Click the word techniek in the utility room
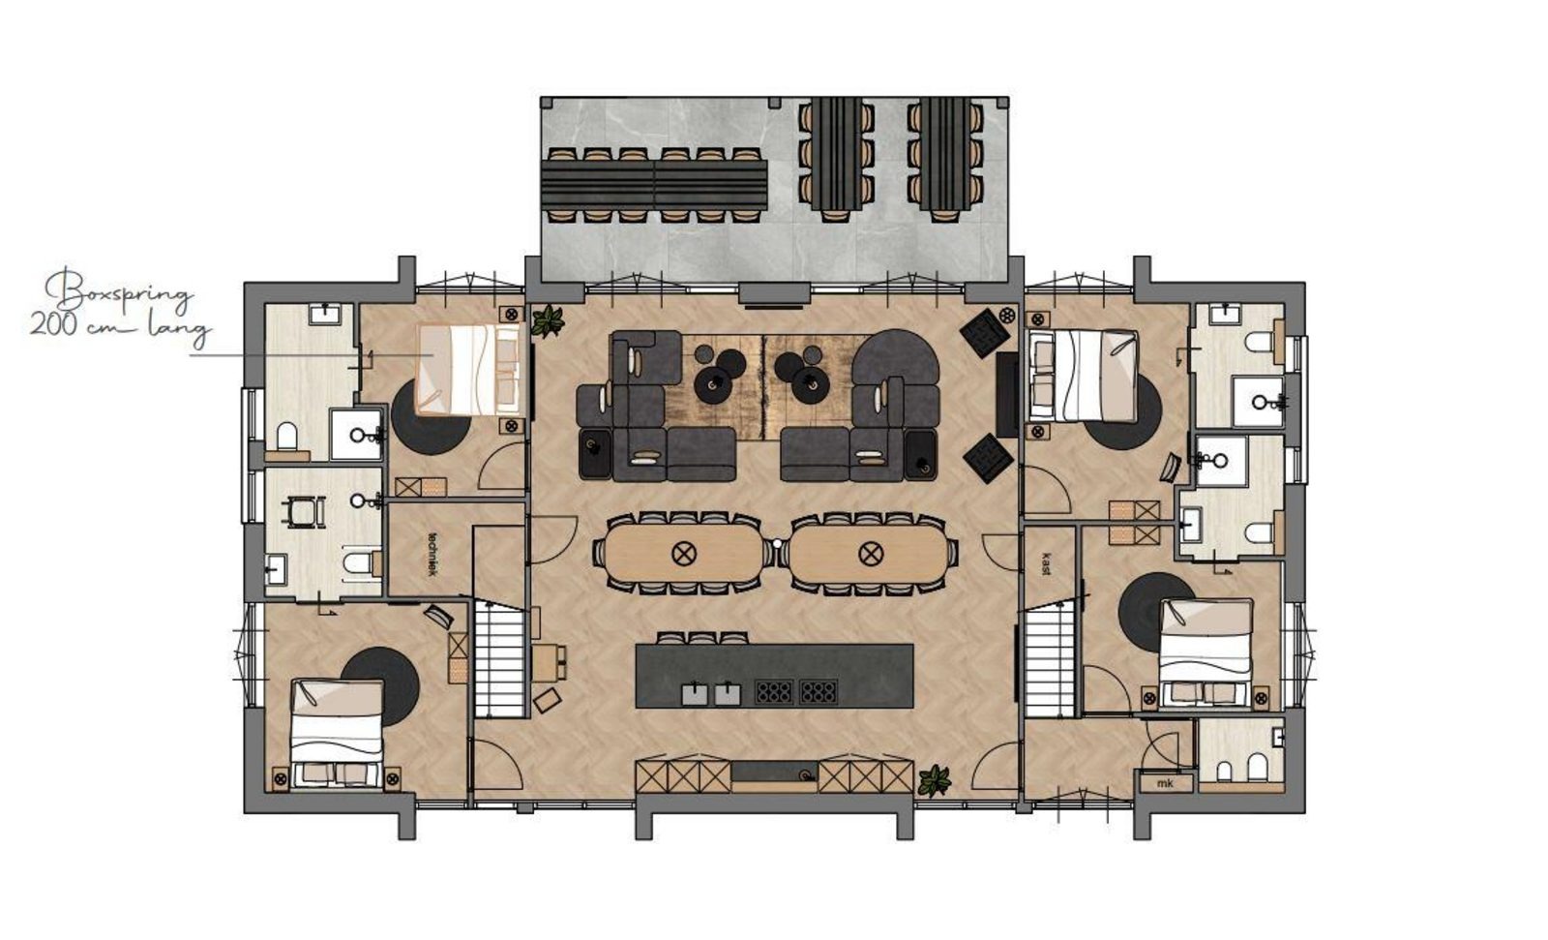433,554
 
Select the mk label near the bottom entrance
1165,783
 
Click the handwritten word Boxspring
117,291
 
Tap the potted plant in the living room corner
548,321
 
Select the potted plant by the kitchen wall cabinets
934,779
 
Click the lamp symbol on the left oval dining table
684,554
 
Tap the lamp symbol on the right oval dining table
870,554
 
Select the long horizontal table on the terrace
654,185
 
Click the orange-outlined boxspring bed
468,370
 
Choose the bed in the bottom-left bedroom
337,733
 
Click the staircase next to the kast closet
1049,660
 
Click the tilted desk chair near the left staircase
547,700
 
